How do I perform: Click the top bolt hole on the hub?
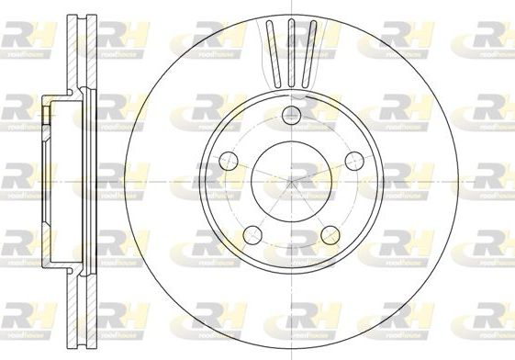pos(292,115)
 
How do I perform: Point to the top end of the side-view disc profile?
pos(85,17)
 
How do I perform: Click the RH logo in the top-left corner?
pos(28,36)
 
